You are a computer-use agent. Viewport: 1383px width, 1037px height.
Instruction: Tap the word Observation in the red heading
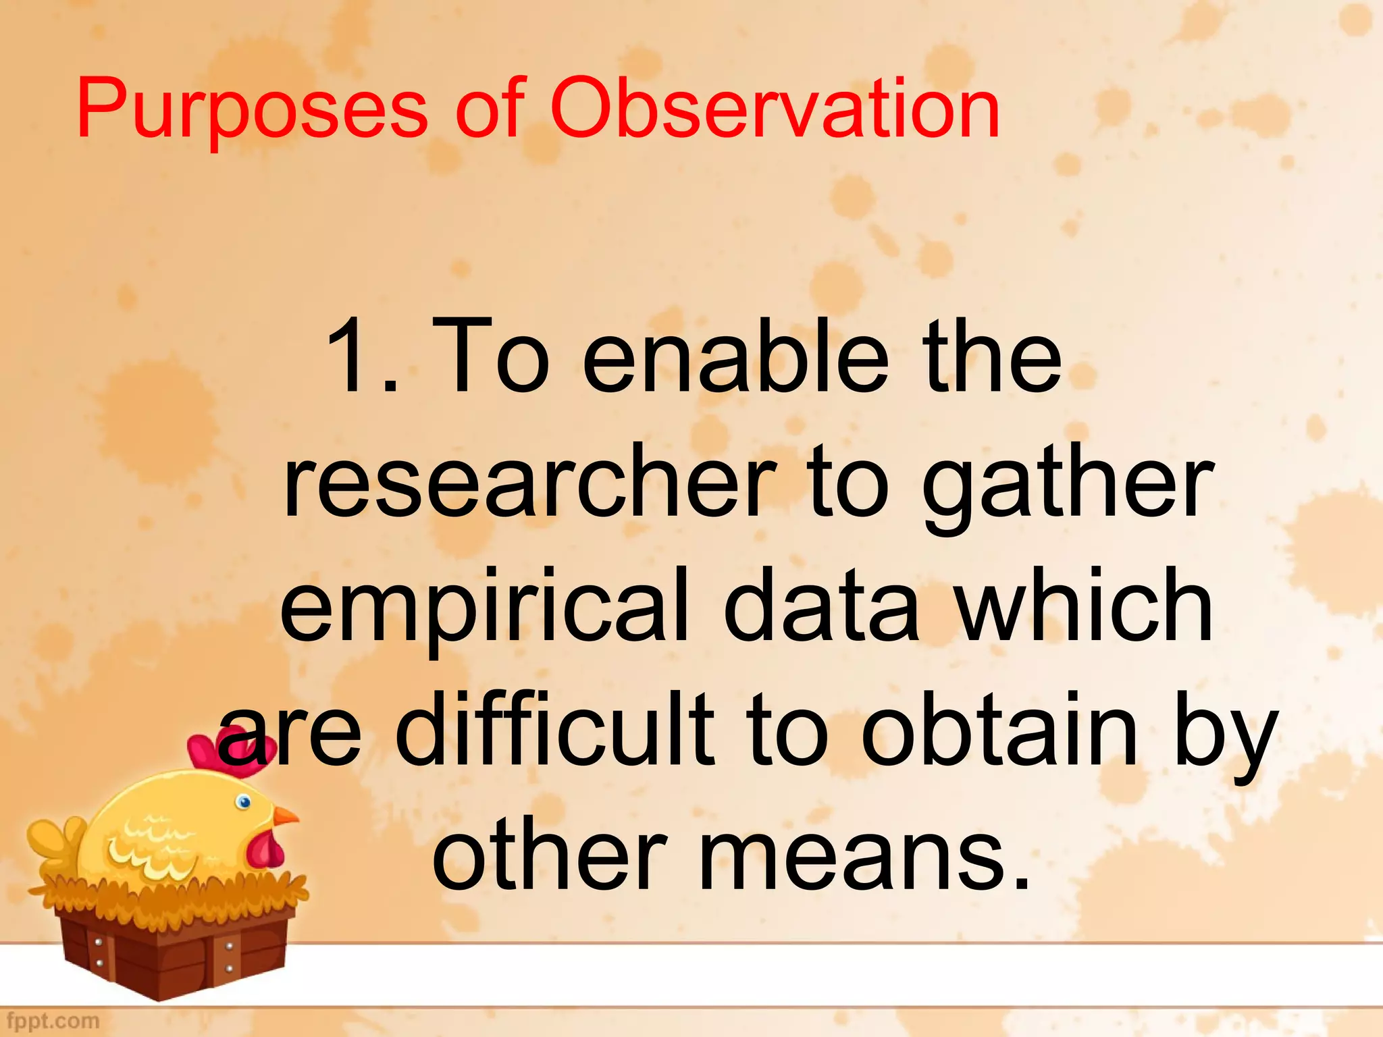[775, 108]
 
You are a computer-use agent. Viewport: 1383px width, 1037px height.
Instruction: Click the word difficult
[554, 729]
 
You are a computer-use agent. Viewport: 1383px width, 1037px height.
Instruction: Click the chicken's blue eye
[244, 802]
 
